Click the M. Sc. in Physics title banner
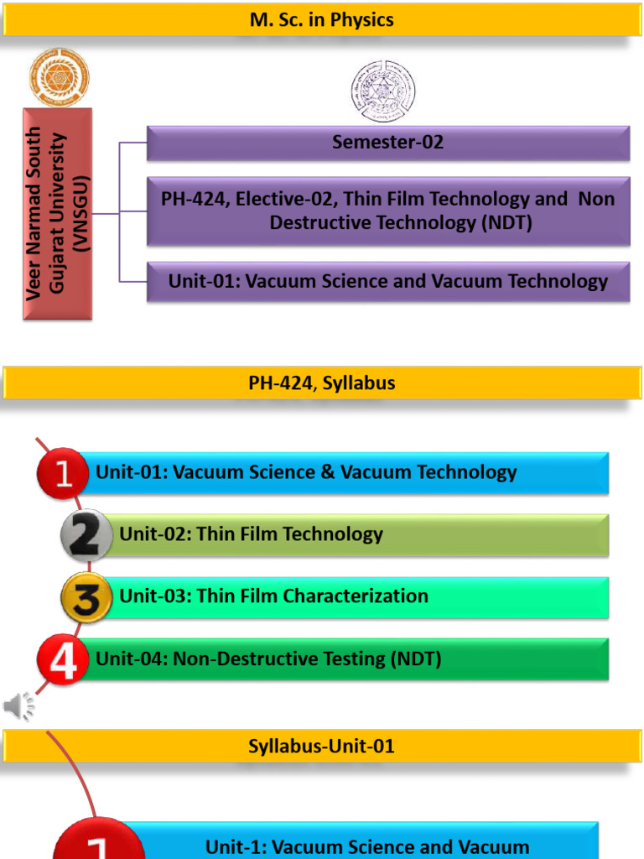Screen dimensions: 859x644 pos(322,19)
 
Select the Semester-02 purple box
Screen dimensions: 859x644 pos(388,143)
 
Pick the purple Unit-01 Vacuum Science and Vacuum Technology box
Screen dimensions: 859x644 pos(388,282)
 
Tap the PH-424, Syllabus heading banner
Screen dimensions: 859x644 pos(322,383)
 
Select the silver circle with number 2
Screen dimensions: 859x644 pos(87,534)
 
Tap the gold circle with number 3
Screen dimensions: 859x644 pos(87,597)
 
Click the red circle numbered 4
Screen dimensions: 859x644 pos(63,660)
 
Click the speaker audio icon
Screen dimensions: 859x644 pos(19,706)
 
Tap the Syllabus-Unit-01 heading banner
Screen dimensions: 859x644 pos(322,746)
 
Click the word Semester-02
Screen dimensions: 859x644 pos(387,143)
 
